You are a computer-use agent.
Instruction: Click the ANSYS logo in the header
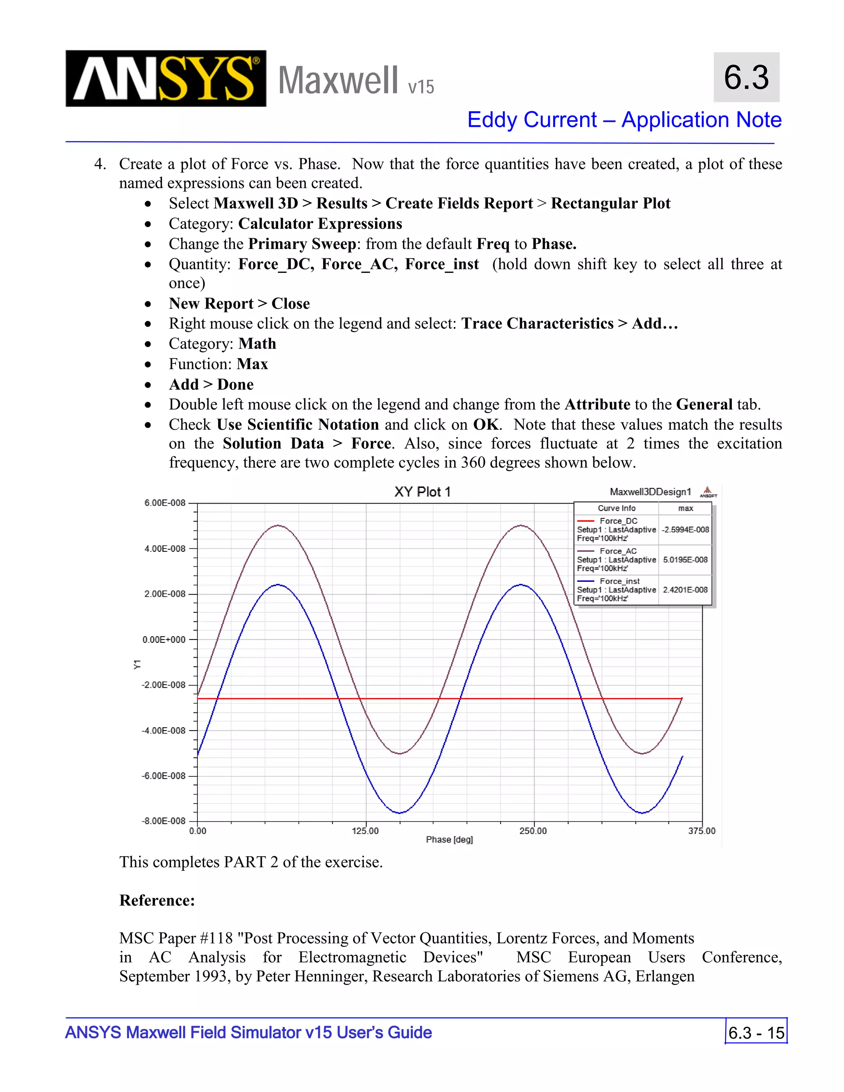point(166,78)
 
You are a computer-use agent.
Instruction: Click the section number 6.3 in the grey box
point(746,77)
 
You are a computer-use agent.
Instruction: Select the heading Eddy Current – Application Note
point(624,120)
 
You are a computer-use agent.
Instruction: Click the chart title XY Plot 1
point(422,492)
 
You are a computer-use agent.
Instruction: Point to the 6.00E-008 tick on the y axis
point(164,503)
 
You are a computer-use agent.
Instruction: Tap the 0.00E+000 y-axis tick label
point(164,640)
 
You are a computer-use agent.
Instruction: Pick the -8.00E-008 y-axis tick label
point(164,821)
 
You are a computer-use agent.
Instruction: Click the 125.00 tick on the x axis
point(365,831)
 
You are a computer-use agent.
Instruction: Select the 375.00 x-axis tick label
point(701,831)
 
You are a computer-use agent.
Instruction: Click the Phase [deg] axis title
point(449,840)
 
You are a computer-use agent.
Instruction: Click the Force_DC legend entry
point(618,521)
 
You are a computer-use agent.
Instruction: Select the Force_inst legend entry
point(619,581)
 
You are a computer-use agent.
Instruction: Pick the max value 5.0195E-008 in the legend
point(685,560)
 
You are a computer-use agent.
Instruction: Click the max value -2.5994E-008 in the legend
point(685,530)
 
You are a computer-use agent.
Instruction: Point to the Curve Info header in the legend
point(616,509)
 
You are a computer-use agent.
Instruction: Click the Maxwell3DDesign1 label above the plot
point(650,492)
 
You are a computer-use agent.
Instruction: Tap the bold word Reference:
point(157,900)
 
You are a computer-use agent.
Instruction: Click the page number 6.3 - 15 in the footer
point(756,1033)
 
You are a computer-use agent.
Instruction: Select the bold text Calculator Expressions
point(320,223)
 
